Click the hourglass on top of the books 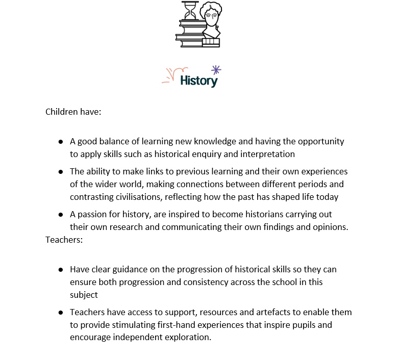pos(190,10)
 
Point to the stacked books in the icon pos(190,33)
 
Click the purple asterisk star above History pos(216,70)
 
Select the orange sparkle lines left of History pos(172,75)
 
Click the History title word pos(199,80)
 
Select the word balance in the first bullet pos(113,141)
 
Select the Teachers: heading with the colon pos(64,239)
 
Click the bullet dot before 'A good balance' pos(61,141)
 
